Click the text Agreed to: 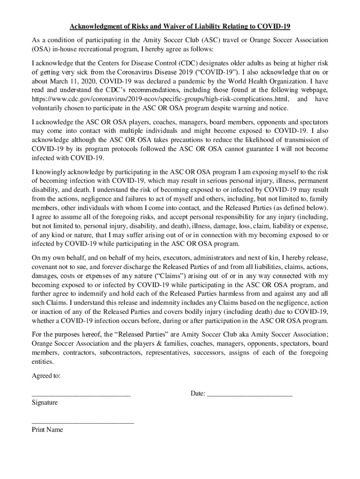coord(45,376)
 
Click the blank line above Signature coord(81,396)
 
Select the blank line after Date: coord(249,396)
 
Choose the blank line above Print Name coord(82,422)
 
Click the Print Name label coord(47,429)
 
